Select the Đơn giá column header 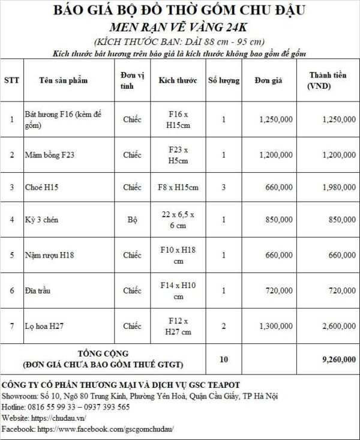(265, 80)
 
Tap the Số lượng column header (223, 80)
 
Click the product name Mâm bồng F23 (50, 155)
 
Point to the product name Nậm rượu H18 (49, 256)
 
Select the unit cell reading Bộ (132, 220)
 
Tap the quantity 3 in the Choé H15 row (223, 187)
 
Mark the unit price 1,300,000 (276, 326)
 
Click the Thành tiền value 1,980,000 (338, 187)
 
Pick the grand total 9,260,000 (338, 360)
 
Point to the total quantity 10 (224, 360)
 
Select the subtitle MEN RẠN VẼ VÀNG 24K (179, 28)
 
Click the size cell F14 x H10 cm (178, 291)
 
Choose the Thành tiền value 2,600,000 (338, 326)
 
